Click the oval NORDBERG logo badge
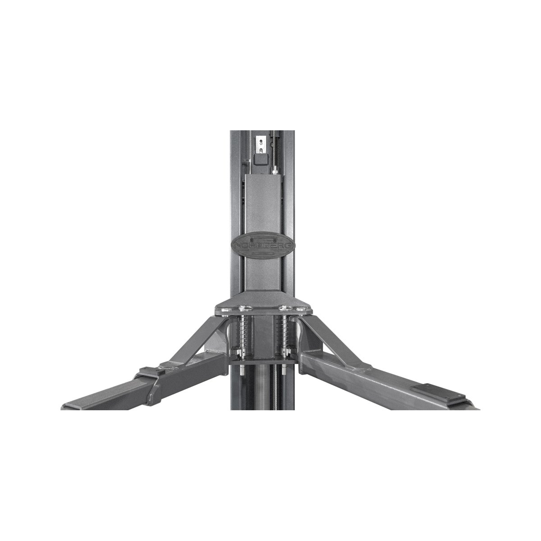(x=263, y=245)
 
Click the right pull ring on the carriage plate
(x=284, y=308)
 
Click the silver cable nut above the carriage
(x=275, y=170)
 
